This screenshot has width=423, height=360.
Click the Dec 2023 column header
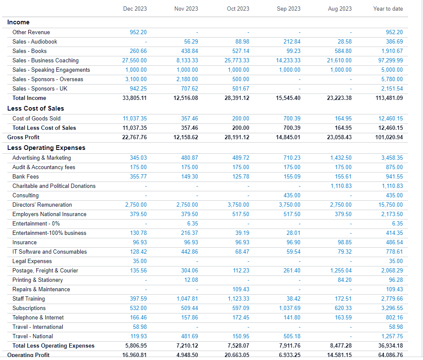[x=135, y=9]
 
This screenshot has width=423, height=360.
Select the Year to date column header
[x=388, y=9]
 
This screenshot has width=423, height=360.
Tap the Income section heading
[x=18, y=22]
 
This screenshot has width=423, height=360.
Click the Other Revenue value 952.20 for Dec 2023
[x=138, y=32]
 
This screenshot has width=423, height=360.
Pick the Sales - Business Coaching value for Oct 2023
[x=237, y=61]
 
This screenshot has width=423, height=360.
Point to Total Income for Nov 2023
[x=186, y=98]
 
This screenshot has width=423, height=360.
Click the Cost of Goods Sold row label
[x=36, y=118]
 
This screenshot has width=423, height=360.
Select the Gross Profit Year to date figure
[x=389, y=137]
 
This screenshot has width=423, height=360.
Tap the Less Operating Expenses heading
[x=46, y=148]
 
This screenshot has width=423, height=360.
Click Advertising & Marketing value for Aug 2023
[x=341, y=158]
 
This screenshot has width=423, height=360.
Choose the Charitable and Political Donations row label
[x=54, y=186]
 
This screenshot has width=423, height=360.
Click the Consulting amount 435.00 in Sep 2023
[x=292, y=196]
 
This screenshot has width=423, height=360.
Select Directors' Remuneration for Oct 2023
[x=239, y=205]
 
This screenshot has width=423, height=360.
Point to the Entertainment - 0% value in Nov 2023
[x=193, y=223]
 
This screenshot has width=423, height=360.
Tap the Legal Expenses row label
[x=32, y=261]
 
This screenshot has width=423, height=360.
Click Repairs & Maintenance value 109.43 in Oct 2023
[x=241, y=289]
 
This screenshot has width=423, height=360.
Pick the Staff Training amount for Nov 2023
[x=187, y=299]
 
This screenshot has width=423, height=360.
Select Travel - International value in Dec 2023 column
[x=140, y=327]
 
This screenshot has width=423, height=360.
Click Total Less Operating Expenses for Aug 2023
[x=339, y=346]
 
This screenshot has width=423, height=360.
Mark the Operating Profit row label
[x=28, y=355]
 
